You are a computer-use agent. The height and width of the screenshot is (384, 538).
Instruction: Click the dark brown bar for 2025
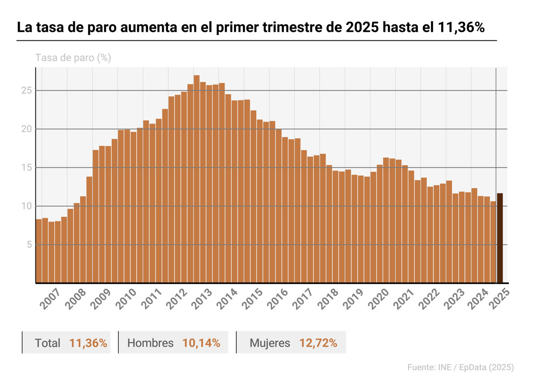(x=499, y=238)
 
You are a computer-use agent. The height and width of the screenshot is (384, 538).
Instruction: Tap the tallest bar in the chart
(x=196, y=179)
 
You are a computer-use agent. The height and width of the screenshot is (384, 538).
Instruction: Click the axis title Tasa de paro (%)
(x=73, y=58)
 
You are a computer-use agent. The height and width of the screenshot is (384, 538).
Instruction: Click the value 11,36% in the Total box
(x=88, y=343)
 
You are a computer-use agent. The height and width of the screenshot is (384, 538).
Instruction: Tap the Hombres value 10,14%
(x=201, y=343)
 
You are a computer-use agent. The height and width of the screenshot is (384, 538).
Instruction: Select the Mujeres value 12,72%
(x=318, y=343)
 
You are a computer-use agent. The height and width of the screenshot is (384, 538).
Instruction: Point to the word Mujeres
(x=270, y=343)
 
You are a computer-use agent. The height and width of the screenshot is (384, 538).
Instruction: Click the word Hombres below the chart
(x=151, y=343)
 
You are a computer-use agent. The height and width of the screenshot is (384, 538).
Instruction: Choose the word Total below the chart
(x=48, y=343)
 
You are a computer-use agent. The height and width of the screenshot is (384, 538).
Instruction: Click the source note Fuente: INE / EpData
(x=460, y=367)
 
